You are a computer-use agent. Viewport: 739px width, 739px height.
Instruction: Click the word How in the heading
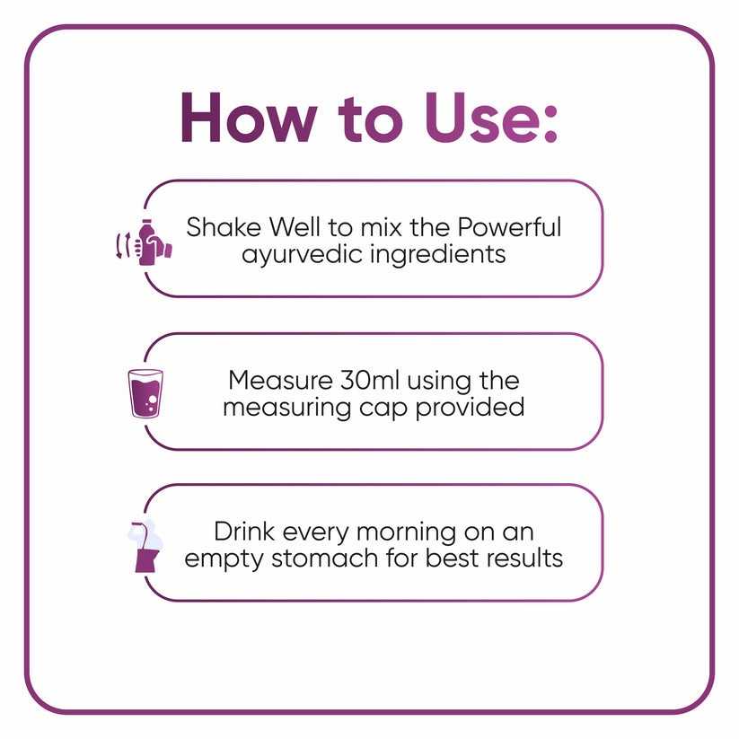[249, 117]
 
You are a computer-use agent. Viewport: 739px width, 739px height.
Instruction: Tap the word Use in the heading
[479, 117]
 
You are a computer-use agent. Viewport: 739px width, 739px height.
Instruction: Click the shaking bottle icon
[144, 242]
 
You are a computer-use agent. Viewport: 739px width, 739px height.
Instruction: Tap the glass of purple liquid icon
[145, 394]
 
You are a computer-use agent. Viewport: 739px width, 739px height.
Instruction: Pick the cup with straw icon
[145, 546]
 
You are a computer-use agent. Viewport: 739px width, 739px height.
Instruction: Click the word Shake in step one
[224, 227]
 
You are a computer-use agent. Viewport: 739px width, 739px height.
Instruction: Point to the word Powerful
[509, 227]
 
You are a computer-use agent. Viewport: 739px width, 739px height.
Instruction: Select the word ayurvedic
[302, 254]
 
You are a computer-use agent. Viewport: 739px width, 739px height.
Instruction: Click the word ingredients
[438, 254]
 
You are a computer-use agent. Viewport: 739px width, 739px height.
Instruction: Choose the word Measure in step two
[280, 381]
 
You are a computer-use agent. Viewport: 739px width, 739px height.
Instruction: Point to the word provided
[470, 407]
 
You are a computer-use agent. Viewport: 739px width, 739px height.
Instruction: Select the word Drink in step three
[244, 532]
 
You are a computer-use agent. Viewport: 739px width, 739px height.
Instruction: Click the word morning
[406, 532]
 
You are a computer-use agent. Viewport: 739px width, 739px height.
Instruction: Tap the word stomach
[325, 559]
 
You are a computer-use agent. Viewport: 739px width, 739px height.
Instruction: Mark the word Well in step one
[295, 227]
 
